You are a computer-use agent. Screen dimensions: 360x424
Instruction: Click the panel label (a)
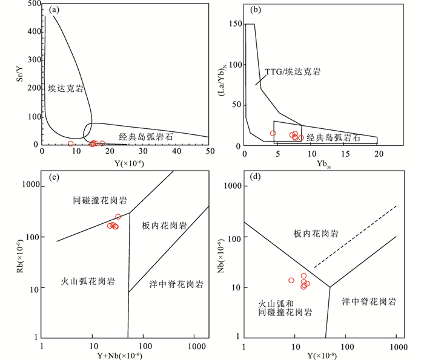pos(52,10)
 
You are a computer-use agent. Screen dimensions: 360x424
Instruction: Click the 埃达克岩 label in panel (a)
pos(65,88)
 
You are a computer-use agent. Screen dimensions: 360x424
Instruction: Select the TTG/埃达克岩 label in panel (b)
pos(293,71)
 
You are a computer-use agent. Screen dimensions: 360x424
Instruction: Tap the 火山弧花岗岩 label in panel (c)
pos(88,281)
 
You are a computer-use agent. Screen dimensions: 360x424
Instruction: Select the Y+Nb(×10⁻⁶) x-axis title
pos(124,356)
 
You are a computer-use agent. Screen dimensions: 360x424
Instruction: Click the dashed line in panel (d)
pos(354,237)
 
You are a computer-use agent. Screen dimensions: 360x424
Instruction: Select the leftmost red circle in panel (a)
pos(71,144)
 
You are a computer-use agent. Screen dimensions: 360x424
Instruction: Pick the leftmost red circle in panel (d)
pos(291,280)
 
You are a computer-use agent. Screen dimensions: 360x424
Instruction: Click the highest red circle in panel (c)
pos(118,217)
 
